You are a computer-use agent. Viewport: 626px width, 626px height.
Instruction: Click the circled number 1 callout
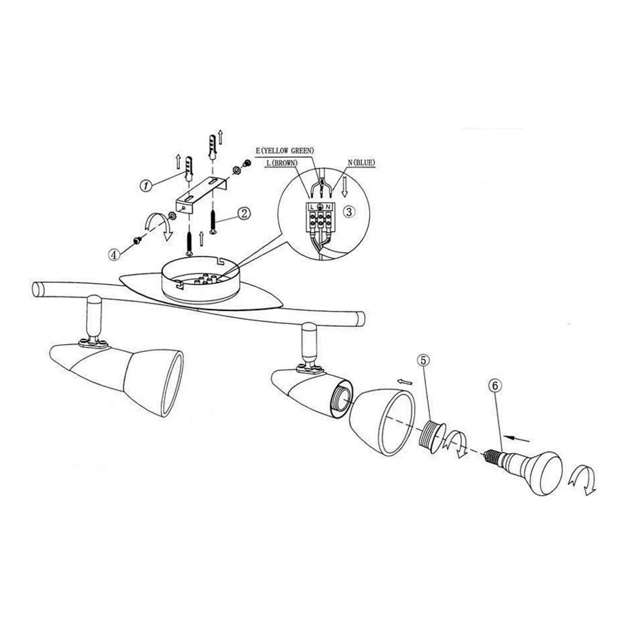coord(145,186)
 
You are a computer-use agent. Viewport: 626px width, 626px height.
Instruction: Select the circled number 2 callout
coord(244,213)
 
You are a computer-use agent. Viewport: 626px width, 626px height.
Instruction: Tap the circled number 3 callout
coord(349,212)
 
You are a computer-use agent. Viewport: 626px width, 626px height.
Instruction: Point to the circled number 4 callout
coord(114,254)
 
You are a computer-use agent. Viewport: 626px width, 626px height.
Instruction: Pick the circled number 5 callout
coord(423,360)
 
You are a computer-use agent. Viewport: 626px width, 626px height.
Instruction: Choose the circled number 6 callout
coord(495,386)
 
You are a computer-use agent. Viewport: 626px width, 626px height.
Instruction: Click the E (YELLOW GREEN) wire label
coord(285,151)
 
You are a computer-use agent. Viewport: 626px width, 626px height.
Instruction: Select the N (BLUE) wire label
coord(361,163)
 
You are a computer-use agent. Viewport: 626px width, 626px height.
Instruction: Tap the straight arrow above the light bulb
coord(517,438)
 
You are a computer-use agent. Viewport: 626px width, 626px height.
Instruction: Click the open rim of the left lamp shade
coord(172,384)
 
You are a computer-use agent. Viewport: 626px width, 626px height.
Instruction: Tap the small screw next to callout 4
coord(137,240)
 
